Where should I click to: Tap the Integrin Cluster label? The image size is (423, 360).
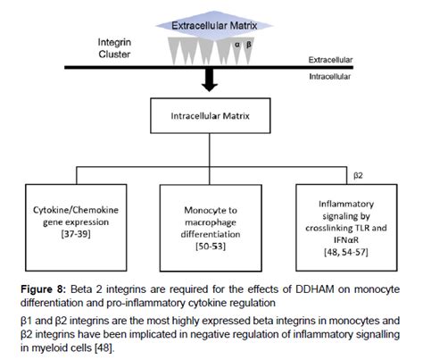tap(120, 50)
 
